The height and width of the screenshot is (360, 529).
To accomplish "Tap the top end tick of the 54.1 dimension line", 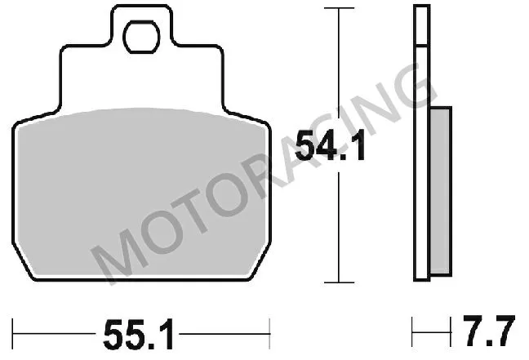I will (x=333, y=8).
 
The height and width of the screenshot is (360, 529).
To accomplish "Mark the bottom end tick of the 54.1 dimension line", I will (x=333, y=282).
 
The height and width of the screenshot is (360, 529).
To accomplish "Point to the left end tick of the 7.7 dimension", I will (x=414, y=333).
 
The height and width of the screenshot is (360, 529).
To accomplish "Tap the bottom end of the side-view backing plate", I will (x=420, y=279).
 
